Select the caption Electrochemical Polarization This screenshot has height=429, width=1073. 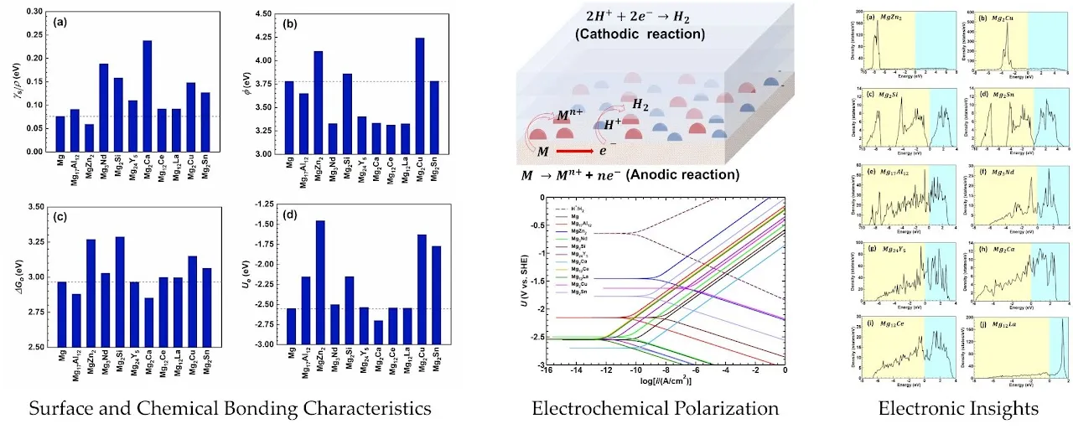point(655,408)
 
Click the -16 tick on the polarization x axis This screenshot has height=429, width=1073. point(546,370)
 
